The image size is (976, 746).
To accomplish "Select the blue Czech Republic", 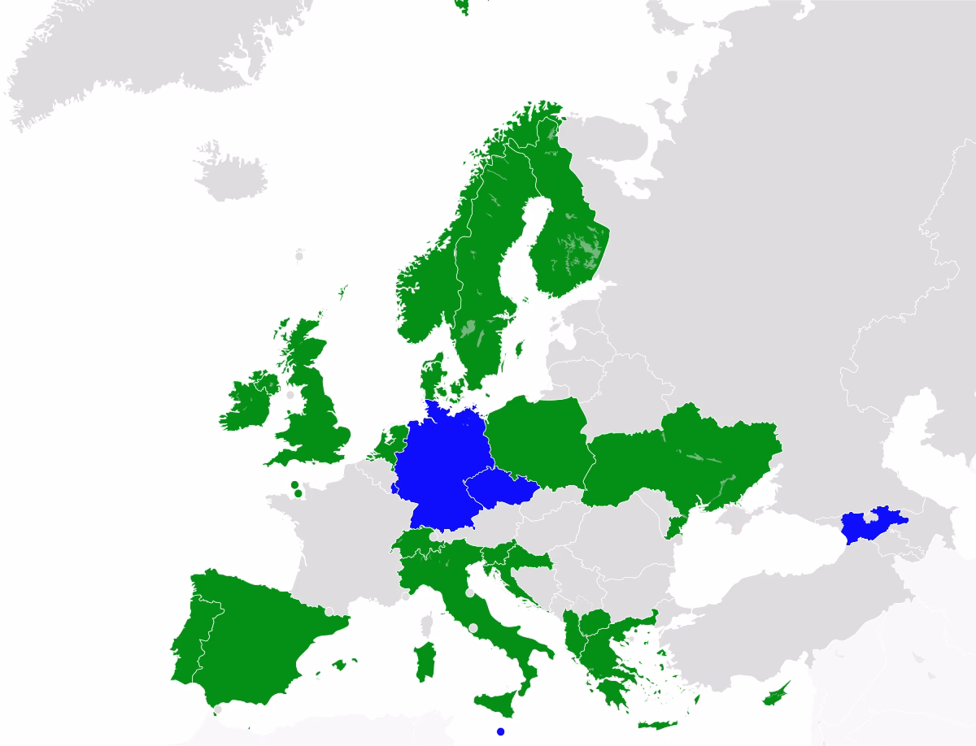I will click(x=498, y=488).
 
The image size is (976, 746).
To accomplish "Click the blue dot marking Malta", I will click(x=500, y=731).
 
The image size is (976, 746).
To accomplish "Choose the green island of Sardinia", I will click(x=422, y=661).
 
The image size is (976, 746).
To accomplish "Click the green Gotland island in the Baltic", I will click(x=520, y=349).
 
